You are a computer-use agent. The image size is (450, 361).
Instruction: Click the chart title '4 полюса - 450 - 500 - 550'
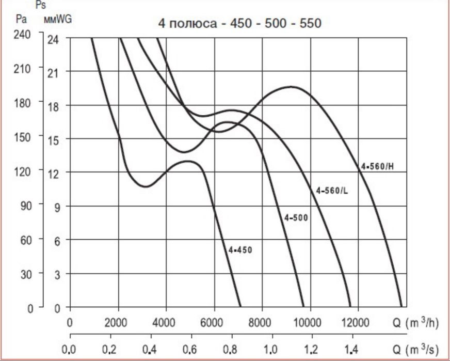tap(239, 23)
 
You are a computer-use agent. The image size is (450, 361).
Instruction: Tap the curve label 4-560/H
tap(380, 167)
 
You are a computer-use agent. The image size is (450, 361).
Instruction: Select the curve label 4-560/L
tap(332, 191)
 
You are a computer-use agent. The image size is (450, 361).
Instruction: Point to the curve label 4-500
tap(296, 218)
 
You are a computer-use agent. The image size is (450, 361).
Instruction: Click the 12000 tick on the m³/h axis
tap(356, 323)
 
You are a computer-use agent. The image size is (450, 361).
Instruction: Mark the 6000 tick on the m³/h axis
tap(213, 323)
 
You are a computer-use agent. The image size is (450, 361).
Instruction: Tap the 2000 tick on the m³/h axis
tap(117, 323)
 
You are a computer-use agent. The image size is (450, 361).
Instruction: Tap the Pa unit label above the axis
tap(21, 20)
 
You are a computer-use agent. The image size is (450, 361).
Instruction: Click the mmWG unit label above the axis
tap(58, 20)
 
